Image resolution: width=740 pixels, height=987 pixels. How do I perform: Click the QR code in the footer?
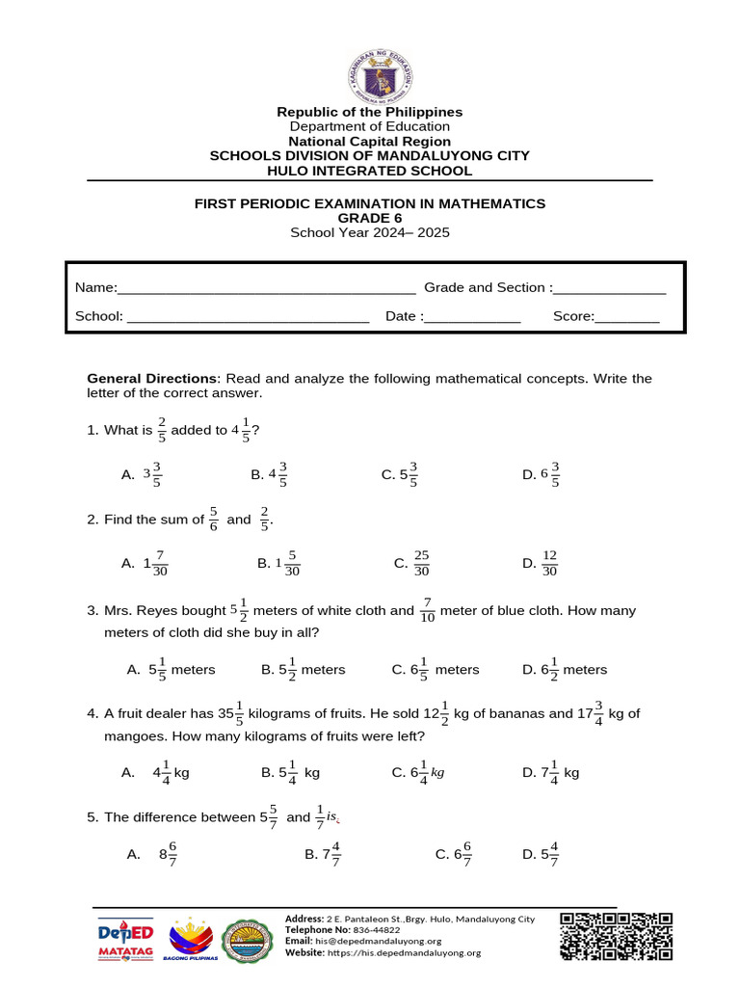(x=616, y=935)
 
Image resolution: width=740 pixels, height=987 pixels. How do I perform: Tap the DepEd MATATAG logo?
(x=126, y=937)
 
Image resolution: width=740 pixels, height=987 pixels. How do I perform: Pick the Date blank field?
(x=472, y=317)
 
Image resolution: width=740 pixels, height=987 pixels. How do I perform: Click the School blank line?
(x=248, y=317)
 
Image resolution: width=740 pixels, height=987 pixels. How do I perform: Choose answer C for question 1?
(x=399, y=474)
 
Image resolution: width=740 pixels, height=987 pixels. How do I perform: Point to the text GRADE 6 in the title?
(x=370, y=218)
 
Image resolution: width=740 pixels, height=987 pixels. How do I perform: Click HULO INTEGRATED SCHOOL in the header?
(x=370, y=171)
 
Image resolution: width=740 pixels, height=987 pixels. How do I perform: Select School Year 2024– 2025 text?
(x=370, y=232)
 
